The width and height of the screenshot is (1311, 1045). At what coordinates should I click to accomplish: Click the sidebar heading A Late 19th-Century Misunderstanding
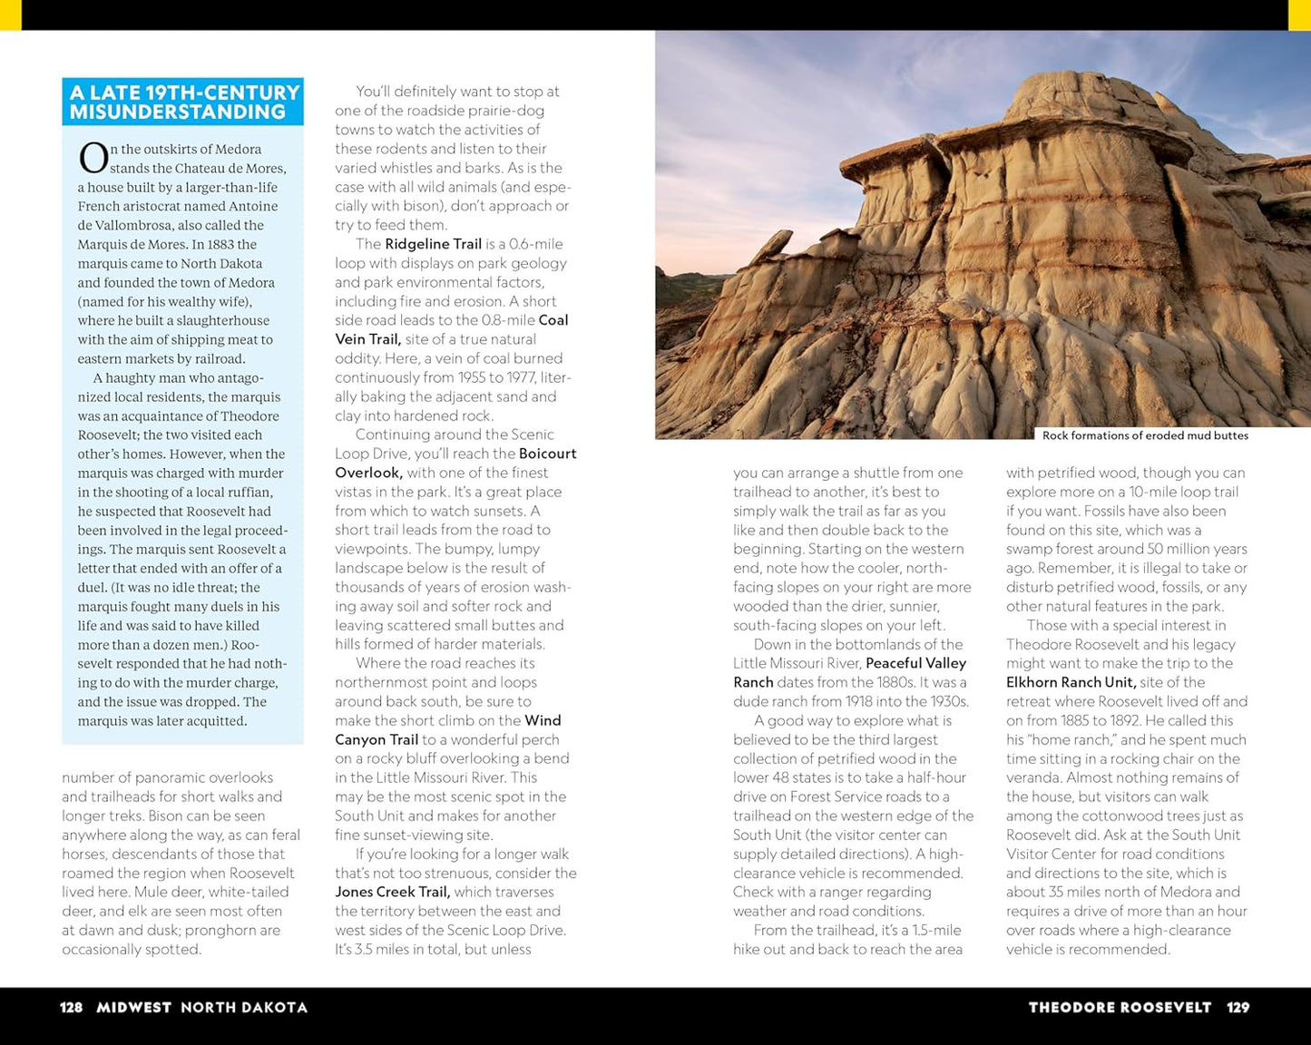pos(182,102)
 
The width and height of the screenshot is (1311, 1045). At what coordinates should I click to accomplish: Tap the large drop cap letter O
pos(93,159)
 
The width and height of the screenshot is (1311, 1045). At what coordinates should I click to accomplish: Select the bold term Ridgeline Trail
pos(433,244)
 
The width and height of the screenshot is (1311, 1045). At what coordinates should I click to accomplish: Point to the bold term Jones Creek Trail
pos(393,892)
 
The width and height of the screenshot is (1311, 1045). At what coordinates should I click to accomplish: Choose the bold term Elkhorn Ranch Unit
pos(1071,682)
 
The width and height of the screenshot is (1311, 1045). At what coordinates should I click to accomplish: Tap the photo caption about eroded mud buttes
pos(1145,435)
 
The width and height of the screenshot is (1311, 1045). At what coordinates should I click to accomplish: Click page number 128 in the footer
pos(71,1007)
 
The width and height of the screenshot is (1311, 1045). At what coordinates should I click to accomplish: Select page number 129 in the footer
pos(1238,1007)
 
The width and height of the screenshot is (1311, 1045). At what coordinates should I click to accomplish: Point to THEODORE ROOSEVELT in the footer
pos(1120,1007)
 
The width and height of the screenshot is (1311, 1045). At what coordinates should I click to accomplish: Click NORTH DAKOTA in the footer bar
pos(244,1007)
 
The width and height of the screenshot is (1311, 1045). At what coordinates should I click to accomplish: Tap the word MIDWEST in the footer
pos(133,1007)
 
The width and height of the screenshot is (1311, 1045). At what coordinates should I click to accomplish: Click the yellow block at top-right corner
pos(1299,15)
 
